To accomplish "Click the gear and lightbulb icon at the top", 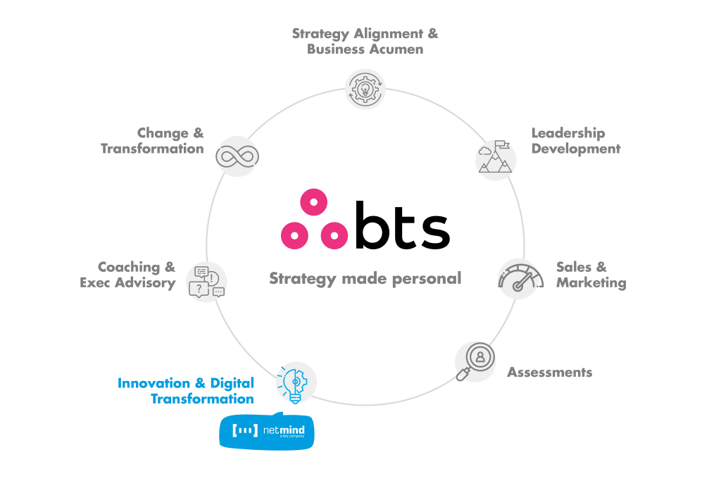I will (365, 89).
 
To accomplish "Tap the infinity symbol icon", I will (237, 156).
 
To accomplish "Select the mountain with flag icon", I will (496, 159).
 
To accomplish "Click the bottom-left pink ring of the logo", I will (294, 234).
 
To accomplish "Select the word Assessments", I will (549, 373).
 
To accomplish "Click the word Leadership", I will (568, 133).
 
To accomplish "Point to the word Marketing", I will (591, 283).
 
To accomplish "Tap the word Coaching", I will (129, 268).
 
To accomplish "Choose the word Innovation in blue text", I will (153, 384).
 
